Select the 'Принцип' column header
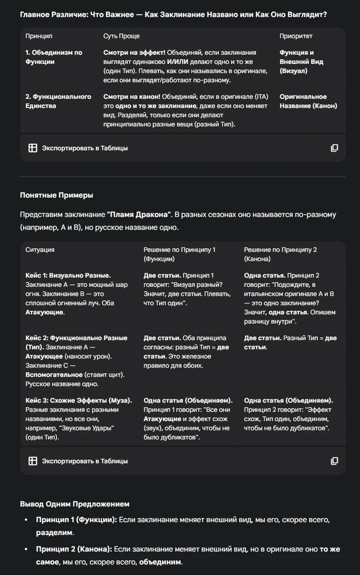click(39, 36)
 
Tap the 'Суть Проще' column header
click(121, 36)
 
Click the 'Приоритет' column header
click(296, 36)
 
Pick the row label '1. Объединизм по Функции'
click(53, 57)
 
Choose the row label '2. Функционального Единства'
click(58, 101)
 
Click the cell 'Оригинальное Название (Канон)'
click(308, 101)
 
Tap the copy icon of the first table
click(334, 148)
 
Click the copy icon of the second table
click(334, 461)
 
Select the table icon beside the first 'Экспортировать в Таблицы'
click(33, 148)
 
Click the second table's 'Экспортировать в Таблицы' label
click(84, 461)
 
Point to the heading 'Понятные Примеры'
click(56, 195)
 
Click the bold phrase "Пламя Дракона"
click(139, 215)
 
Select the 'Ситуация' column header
click(40, 250)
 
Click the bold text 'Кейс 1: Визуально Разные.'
click(68, 276)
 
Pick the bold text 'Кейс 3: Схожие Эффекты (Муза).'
click(78, 400)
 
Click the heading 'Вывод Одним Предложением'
click(74, 504)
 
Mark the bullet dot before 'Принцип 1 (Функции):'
click(26, 520)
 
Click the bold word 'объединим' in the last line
click(160, 562)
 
